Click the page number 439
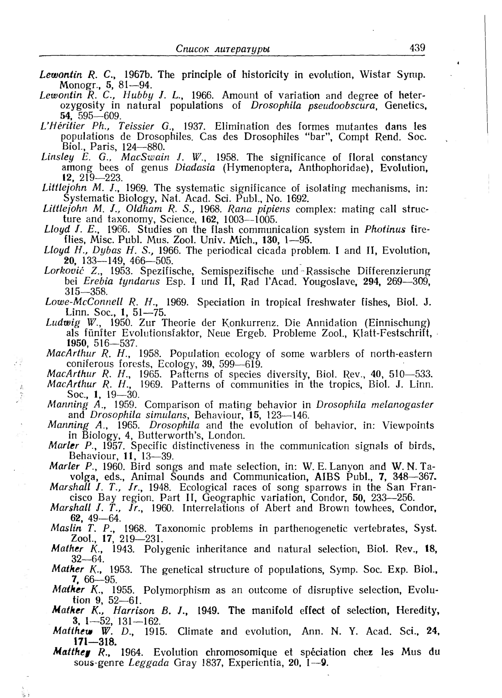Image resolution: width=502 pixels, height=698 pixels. click(x=417, y=48)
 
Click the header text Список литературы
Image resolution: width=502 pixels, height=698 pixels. click(x=223, y=49)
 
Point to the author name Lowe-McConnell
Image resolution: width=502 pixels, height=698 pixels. click(x=84, y=302)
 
